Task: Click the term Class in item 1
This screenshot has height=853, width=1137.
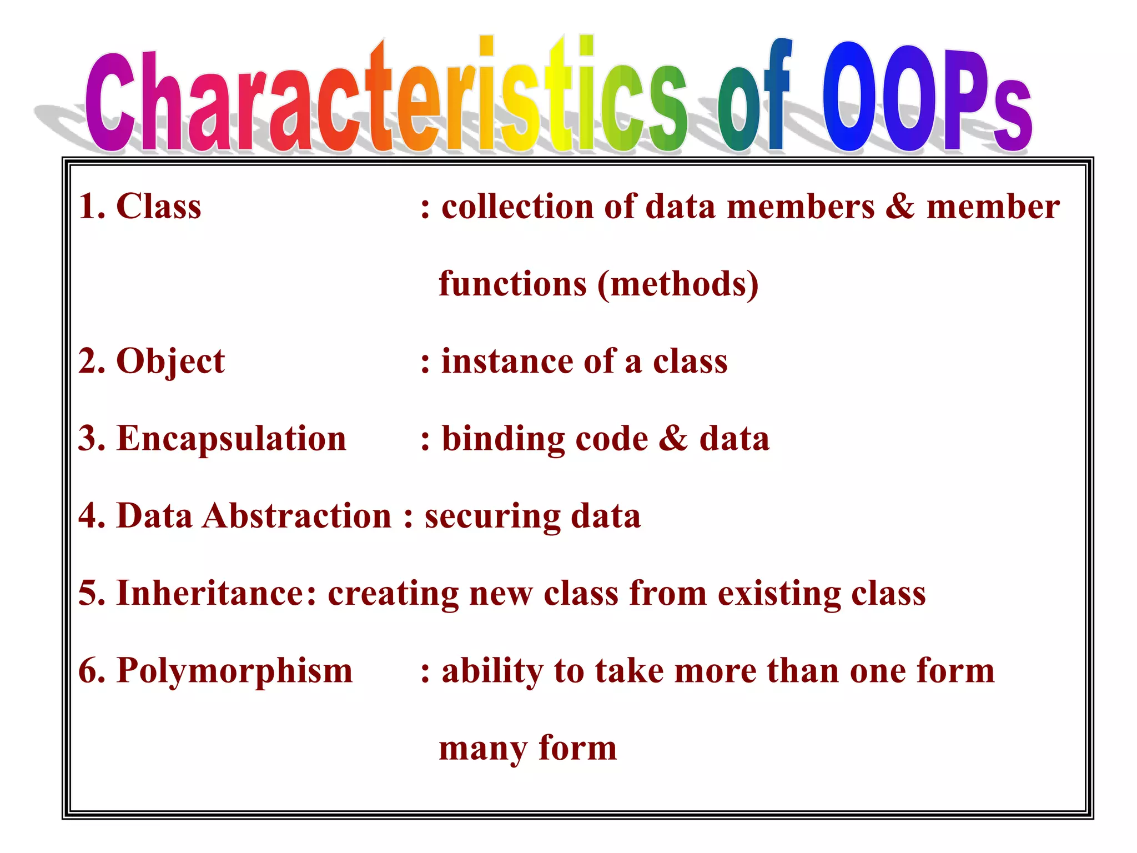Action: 159,207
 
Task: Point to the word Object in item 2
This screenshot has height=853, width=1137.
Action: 170,362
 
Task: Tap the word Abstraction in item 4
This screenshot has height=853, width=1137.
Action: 297,516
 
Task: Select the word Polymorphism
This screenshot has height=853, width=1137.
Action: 234,671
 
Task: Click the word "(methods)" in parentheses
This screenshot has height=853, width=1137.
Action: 678,284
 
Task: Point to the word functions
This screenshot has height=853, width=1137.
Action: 512,284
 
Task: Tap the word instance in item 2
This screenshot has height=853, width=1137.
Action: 507,362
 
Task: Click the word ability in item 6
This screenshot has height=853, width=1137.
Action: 492,671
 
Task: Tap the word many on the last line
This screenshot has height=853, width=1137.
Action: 482,749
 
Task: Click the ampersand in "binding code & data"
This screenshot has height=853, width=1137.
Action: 673,439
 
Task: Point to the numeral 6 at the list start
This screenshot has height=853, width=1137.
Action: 87,671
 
